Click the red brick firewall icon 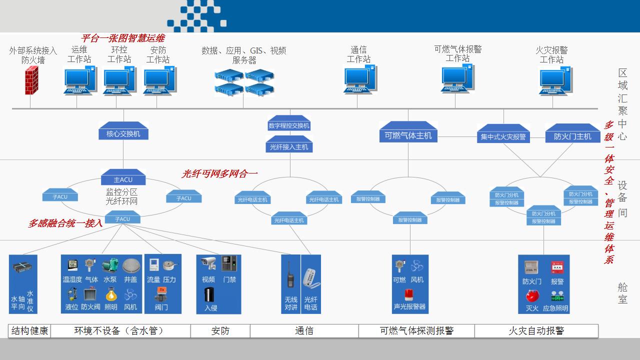[32, 80]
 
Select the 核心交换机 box [123, 133]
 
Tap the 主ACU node [123, 179]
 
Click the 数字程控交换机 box [289, 125]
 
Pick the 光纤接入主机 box [289, 146]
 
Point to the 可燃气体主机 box [408, 135]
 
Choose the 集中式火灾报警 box [503, 136]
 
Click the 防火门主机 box [572, 136]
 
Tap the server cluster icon [244, 82]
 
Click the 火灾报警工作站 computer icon [555, 80]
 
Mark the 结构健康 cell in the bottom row [29, 331]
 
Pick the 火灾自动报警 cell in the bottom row [536, 331]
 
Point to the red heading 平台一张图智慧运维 [122, 38]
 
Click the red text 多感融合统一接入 [65, 223]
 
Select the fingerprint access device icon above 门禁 [229, 263]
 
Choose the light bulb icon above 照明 [111, 294]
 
